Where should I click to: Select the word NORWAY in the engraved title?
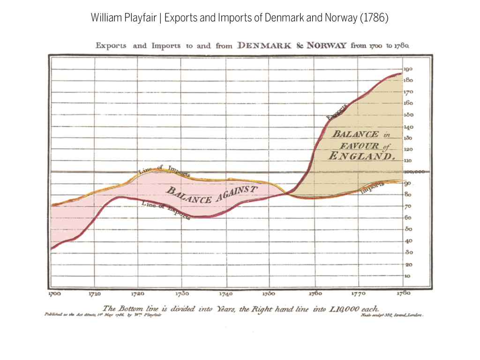327,46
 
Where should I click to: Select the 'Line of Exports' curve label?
165,210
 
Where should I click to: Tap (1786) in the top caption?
374,18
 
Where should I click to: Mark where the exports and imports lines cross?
287,193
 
